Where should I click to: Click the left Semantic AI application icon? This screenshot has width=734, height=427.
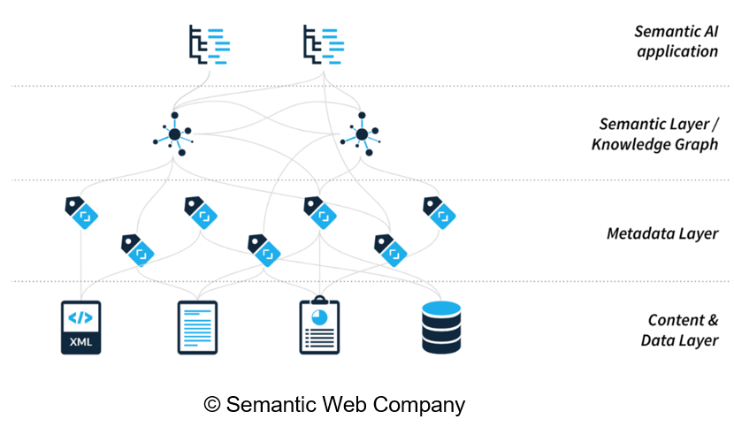[x=210, y=44]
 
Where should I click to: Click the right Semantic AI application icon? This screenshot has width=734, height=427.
[x=323, y=44]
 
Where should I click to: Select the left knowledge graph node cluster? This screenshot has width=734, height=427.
[x=175, y=134]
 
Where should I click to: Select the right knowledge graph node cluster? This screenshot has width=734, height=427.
[x=362, y=134]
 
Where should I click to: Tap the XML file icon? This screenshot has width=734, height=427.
[x=80, y=327]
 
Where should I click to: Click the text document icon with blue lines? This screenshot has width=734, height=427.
[x=197, y=327]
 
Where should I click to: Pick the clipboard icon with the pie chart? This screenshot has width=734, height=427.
[x=319, y=326]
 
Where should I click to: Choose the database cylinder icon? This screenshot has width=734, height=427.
[x=441, y=327]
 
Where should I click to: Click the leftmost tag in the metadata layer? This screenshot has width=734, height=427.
[x=80, y=210]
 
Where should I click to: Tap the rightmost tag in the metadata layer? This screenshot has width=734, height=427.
[x=440, y=210]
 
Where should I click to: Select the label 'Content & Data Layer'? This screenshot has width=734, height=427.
[x=682, y=330]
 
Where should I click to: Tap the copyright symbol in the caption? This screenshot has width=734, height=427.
[x=212, y=405]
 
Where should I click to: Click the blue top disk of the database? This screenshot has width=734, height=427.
[x=441, y=309]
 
